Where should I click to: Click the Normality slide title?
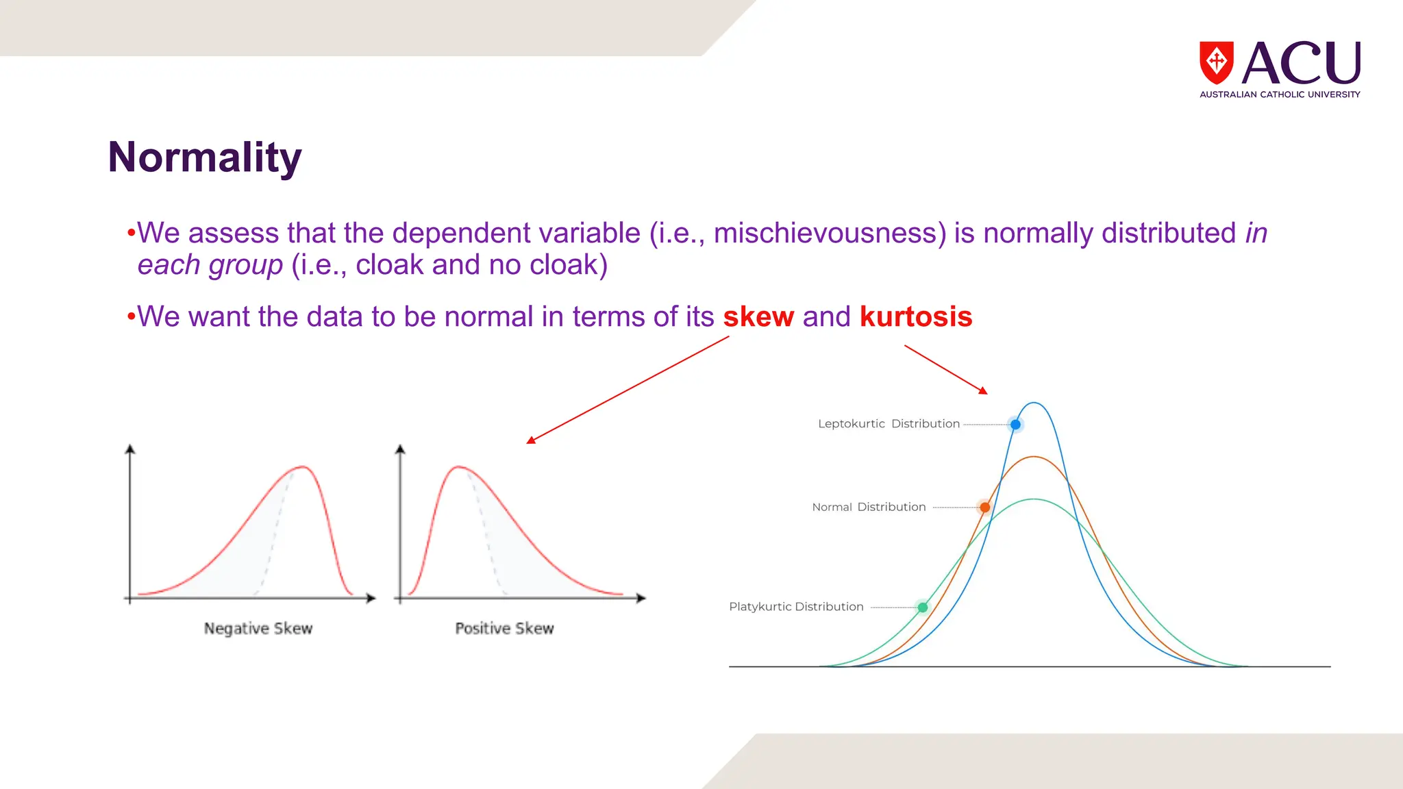tap(204, 158)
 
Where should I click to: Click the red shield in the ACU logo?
tap(1216, 62)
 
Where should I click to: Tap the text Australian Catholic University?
tap(1279, 95)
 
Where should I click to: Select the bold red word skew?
tap(758, 317)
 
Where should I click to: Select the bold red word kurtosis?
tap(916, 317)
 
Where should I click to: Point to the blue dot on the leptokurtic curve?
tap(1015, 425)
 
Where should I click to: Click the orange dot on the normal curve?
tap(984, 508)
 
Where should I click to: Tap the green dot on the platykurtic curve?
tap(923, 608)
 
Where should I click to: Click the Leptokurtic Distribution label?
tap(889, 424)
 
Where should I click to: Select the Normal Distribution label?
tap(869, 508)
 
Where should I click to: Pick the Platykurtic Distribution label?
tap(796, 607)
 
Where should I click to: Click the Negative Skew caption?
tap(258, 629)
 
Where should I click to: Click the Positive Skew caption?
tap(504, 629)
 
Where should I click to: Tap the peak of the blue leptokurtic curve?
tap(1034, 403)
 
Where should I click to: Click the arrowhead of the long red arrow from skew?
tap(530, 441)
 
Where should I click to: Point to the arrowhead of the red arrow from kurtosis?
tap(984, 391)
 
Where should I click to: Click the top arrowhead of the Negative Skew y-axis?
tap(130, 449)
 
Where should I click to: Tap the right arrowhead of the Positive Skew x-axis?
tap(641, 598)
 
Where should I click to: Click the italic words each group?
tap(210, 265)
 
